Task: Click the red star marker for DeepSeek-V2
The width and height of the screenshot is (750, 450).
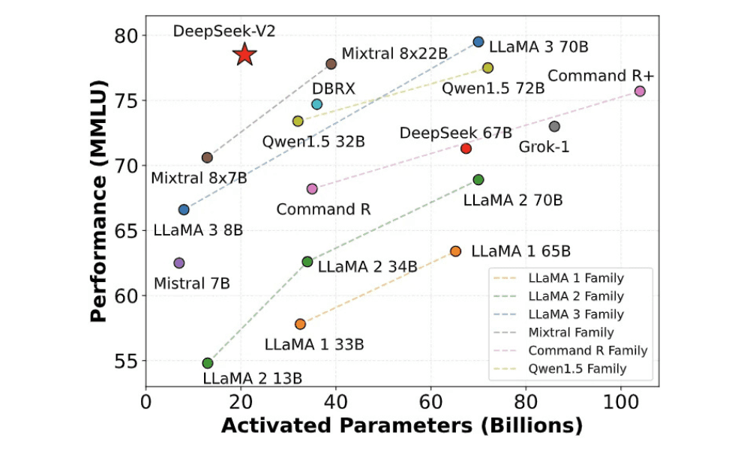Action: (x=244, y=55)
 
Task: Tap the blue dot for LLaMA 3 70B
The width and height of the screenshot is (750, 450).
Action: (x=478, y=42)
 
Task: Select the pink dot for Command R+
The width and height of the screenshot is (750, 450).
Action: (x=640, y=91)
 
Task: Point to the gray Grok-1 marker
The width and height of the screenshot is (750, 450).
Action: (x=554, y=126)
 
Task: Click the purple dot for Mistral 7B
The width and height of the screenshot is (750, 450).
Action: (x=179, y=262)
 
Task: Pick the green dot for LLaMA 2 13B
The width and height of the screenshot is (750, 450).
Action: (x=208, y=363)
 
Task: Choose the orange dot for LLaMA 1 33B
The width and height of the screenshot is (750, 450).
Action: (x=300, y=324)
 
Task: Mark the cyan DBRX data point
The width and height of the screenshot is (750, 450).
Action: (x=317, y=104)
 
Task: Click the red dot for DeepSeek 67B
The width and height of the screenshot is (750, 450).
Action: (x=466, y=148)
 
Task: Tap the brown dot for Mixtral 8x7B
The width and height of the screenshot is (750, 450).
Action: (x=207, y=157)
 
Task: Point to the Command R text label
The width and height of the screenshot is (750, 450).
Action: (x=323, y=208)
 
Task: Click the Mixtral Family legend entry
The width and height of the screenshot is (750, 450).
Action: (x=571, y=332)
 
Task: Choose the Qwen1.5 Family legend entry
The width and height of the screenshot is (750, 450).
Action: (x=576, y=368)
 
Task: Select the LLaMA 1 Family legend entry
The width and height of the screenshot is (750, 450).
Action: (x=576, y=278)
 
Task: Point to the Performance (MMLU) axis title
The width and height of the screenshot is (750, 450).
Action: (x=99, y=202)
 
